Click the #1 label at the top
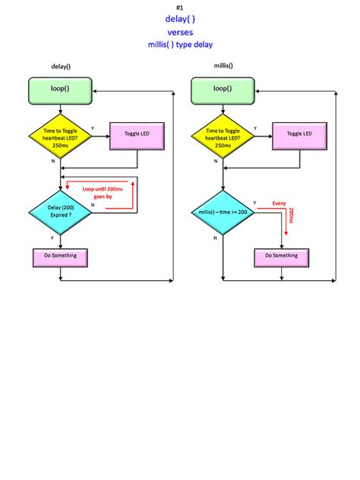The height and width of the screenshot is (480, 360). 180,7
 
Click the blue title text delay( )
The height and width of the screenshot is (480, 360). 180,19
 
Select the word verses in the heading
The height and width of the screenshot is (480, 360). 180,32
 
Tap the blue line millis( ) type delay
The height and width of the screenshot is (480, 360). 180,45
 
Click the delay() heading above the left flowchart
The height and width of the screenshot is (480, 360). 61,67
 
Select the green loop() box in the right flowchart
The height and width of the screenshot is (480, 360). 223,90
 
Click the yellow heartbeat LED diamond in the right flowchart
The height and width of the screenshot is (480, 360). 223,135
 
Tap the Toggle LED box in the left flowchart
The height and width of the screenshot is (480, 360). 137,134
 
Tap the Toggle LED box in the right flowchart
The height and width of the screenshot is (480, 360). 299,134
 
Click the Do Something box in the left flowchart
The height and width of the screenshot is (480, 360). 60,256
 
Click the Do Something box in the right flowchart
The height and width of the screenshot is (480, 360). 282,256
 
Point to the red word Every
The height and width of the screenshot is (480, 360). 279,204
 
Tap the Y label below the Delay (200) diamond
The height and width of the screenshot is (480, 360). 52,238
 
